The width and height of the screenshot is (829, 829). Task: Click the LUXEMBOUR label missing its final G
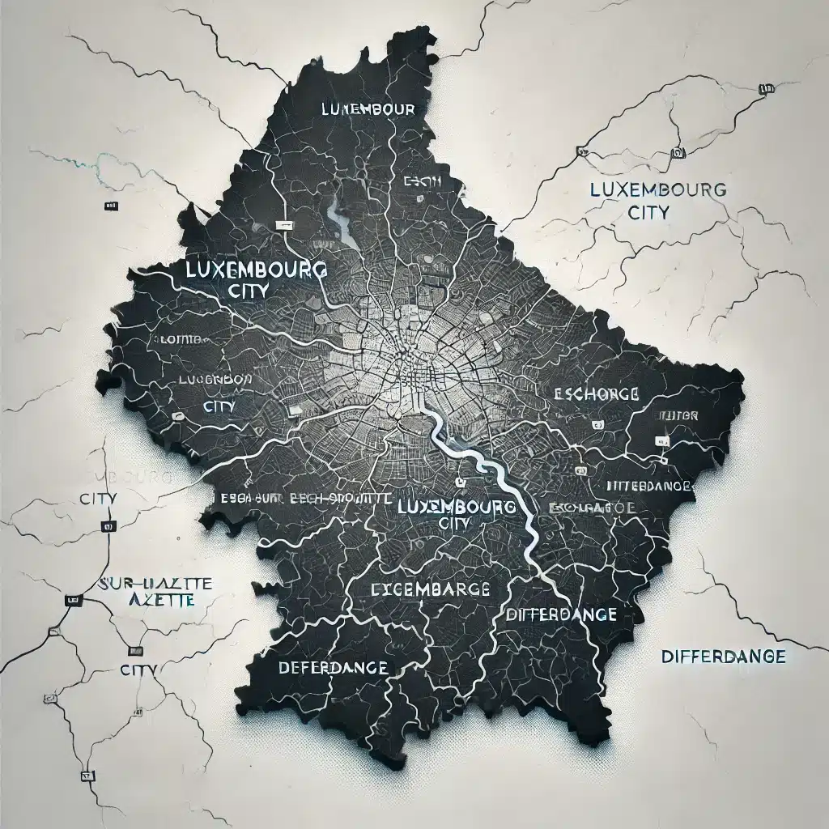click(x=368, y=108)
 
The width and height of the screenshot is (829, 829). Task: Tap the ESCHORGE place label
click(x=597, y=394)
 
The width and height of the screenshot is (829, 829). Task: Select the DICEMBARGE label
click(x=429, y=589)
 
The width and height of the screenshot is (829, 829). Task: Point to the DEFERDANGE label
click(x=333, y=669)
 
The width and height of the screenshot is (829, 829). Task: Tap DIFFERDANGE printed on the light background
click(x=723, y=656)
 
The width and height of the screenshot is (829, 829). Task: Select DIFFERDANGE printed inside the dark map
click(x=560, y=614)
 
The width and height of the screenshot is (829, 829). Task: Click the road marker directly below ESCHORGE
click(x=597, y=424)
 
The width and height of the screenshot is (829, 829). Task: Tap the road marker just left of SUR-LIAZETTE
click(x=73, y=601)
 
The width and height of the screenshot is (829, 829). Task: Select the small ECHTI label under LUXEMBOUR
click(x=422, y=182)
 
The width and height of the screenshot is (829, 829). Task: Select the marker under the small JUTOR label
click(x=662, y=440)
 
